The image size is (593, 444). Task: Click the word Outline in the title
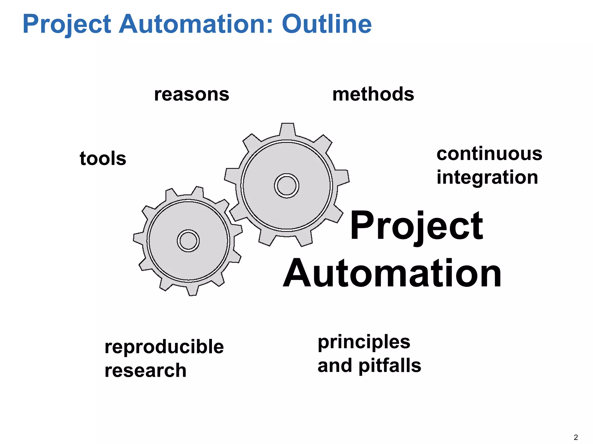click(x=327, y=24)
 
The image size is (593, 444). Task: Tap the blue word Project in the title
click(x=67, y=25)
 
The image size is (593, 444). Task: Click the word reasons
click(x=192, y=94)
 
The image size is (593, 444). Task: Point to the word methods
click(x=373, y=94)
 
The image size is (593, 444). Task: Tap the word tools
click(x=103, y=159)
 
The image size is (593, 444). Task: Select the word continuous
click(x=489, y=154)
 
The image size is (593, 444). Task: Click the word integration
click(x=487, y=177)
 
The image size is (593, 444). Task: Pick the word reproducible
click(x=164, y=347)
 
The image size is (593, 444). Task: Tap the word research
click(x=146, y=370)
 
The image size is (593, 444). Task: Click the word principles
click(x=364, y=342)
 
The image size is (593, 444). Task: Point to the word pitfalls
click(x=390, y=366)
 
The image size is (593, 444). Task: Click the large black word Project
click(x=416, y=226)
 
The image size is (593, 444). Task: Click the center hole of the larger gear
click(x=287, y=186)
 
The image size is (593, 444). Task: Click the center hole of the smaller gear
click(x=188, y=241)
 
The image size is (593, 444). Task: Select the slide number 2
click(x=576, y=437)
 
